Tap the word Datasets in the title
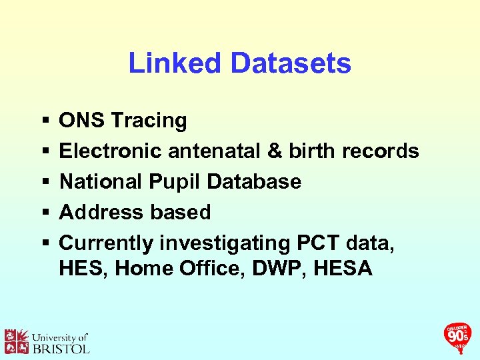(x=290, y=63)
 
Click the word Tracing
(x=149, y=121)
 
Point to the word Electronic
(x=110, y=151)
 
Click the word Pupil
(x=172, y=182)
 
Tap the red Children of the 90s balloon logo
(x=458, y=335)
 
